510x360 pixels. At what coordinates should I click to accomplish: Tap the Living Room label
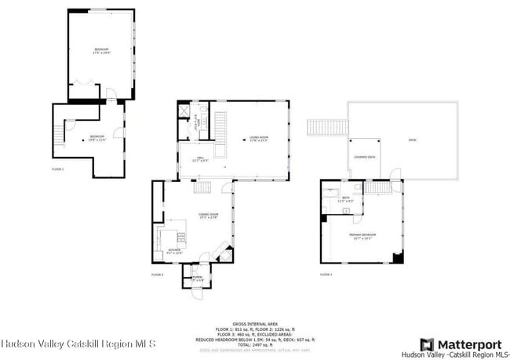(x=259, y=140)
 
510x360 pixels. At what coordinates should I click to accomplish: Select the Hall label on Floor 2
(x=200, y=159)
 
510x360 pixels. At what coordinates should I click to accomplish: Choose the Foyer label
(x=197, y=278)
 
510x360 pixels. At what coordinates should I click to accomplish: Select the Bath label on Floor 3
(x=345, y=200)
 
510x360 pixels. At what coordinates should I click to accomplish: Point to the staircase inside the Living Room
(x=220, y=125)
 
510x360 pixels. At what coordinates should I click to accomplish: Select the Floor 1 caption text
(x=57, y=169)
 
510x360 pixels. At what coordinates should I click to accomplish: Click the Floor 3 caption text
(x=326, y=275)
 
